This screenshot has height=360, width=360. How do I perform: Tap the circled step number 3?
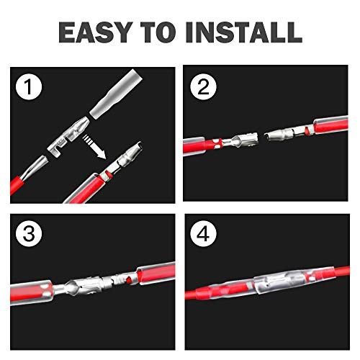[x=27, y=232]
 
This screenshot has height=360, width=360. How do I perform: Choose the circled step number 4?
[x=204, y=232]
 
